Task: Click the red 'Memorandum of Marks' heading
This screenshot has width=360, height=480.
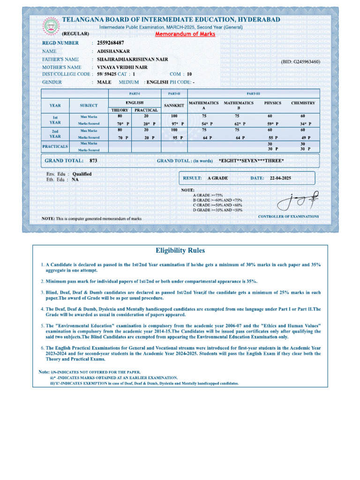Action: pyautogui.click(x=185, y=34)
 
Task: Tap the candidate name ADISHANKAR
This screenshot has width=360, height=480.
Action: pyautogui.click(x=113, y=51)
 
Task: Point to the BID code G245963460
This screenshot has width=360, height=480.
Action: pyautogui.click(x=300, y=62)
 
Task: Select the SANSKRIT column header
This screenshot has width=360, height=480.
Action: pyautogui.click(x=174, y=105)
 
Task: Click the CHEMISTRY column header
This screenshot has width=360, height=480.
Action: pyautogui.click(x=303, y=103)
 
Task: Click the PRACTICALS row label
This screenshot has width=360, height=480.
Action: pyautogui.click(x=55, y=146)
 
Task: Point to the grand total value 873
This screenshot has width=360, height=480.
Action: pyautogui.click(x=93, y=160)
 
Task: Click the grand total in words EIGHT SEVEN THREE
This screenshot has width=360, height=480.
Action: pyautogui.click(x=251, y=161)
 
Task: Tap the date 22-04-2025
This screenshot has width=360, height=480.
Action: pyautogui.click(x=280, y=178)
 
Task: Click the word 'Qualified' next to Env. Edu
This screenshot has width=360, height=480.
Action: pyautogui.click(x=82, y=174)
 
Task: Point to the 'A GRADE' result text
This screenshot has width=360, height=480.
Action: pyautogui.click(x=217, y=178)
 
